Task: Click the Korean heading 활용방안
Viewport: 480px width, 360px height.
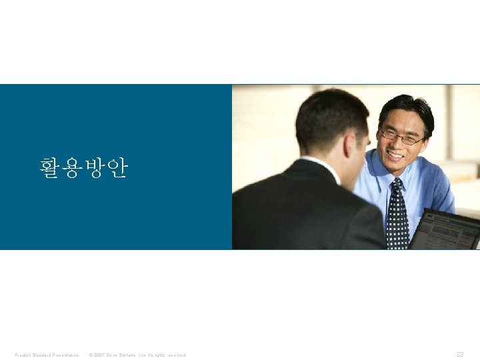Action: tap(83, 167)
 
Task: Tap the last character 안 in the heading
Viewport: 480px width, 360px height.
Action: tap(116, 167)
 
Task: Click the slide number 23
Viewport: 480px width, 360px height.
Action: tap(459, 355)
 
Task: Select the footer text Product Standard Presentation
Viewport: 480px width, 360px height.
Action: tap(47, 355)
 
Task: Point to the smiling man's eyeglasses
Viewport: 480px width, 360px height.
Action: tap(401, 137)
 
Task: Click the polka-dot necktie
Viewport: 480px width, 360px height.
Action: tap(397, 217)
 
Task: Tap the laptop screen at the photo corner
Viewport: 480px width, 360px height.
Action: tap(446, 231)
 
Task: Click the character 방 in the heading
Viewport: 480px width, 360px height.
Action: tap(94, 167)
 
